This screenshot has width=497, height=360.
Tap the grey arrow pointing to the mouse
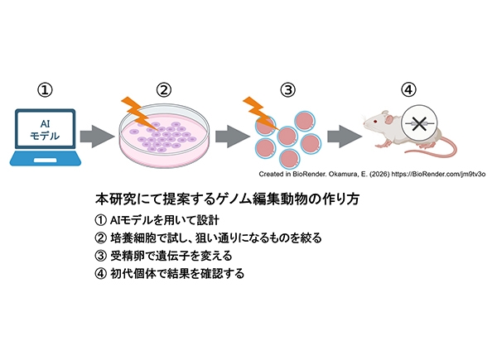coord(342,132)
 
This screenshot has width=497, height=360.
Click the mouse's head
coord(377,125)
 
